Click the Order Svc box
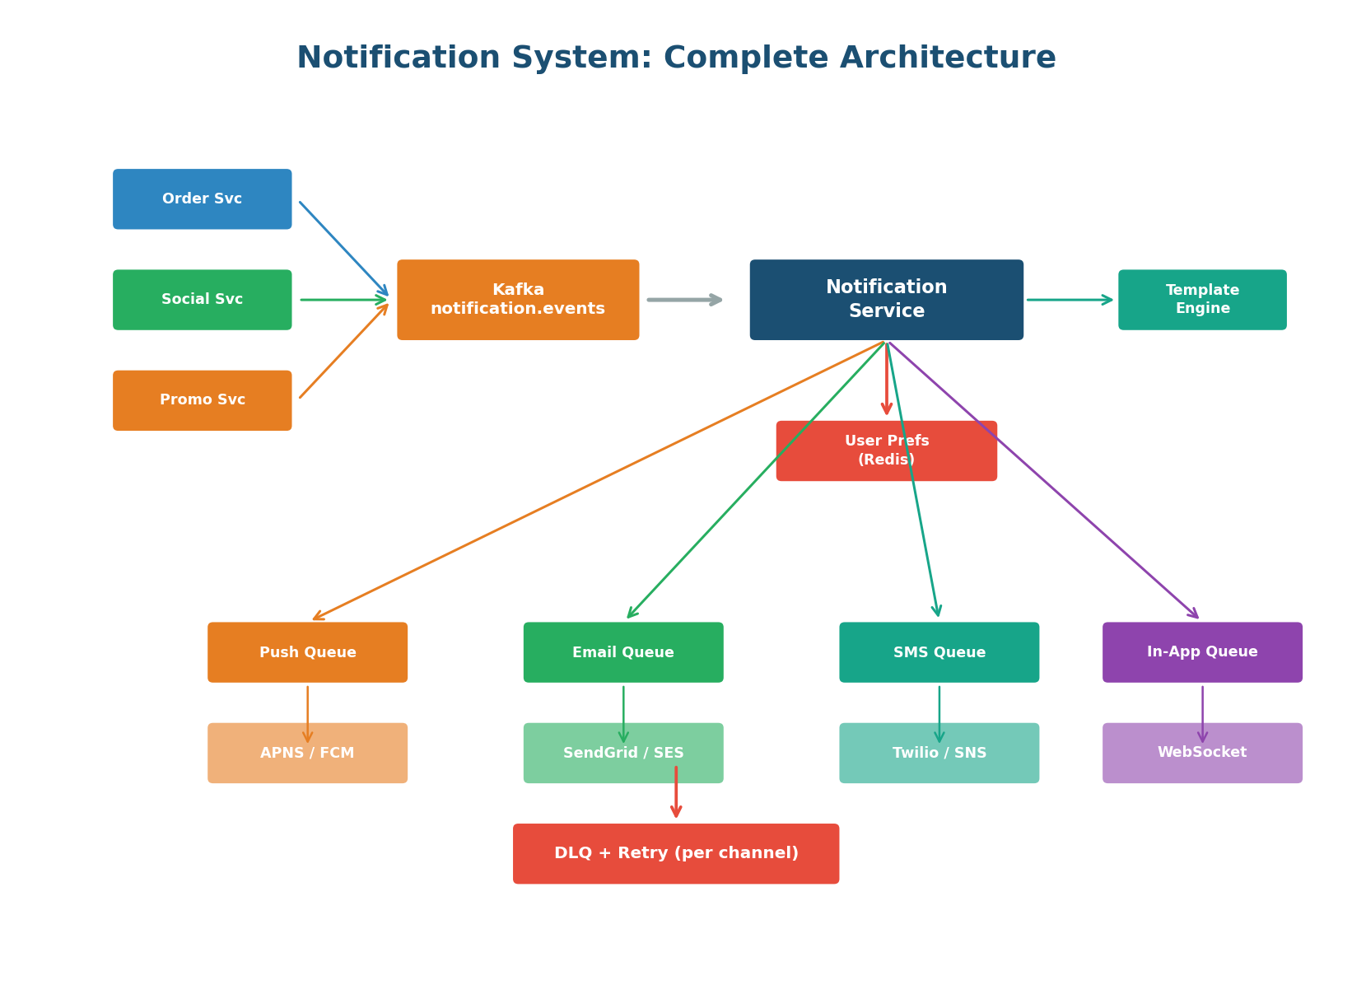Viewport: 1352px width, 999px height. click(x=202, y=199)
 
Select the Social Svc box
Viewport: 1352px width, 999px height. click(x=202, y=300)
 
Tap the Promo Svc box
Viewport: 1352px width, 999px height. click(x=202, y=400)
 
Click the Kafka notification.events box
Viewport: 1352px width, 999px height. click(x=518, y=300)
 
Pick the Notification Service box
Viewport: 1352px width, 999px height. click(x=886, y=300)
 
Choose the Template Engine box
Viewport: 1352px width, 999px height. click(x=1202, y=300)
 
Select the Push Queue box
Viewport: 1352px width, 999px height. click(x=307, y=652)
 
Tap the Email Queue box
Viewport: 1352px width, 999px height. click(x=623, y=652)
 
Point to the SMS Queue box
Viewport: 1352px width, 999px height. click(x=939, y=652)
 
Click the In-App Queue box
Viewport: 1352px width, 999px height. click(x=1202, y=652)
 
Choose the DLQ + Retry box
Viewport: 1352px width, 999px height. click(x=676, y=854)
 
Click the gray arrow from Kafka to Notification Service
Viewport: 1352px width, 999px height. click(x=683, y=300)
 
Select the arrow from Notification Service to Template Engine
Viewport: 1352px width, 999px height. click(x=1069, y=300)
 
